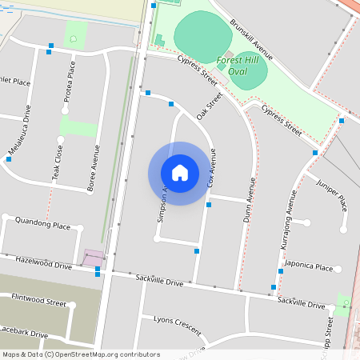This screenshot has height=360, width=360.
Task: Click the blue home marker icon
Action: (180, 173)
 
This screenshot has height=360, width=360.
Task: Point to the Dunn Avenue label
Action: (250, 200)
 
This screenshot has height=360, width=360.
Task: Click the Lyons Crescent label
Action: (177, 323)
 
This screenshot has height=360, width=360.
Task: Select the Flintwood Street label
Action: (38, 302)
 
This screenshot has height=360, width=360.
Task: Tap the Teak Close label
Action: (58, 161)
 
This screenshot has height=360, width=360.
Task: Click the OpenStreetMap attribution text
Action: (80, 354)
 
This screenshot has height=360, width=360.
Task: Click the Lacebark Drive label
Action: (24, 332)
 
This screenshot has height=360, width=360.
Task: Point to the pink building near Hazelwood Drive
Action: (93, 258)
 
